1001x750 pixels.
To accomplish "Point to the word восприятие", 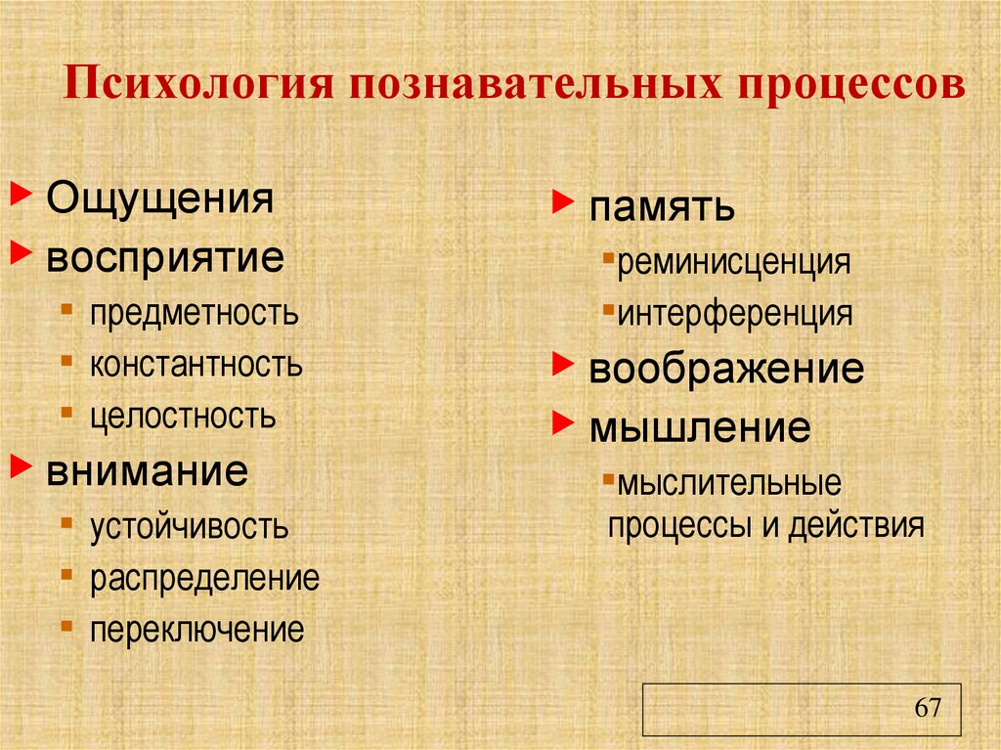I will coord(166,258).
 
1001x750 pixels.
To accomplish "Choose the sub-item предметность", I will coord(195,314).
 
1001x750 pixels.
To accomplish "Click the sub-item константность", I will coord(196,366).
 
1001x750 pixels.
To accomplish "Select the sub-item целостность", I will coord(184,417).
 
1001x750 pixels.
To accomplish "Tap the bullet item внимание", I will coord(147,471).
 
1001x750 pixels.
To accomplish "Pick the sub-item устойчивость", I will coord(190,527).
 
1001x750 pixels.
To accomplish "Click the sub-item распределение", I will coord(205,578).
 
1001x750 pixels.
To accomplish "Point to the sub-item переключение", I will coord(197,630).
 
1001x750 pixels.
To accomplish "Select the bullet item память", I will coord(661,207).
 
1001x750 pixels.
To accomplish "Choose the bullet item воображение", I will coord(726,370).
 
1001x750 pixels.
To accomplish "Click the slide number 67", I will coord(928,708).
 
